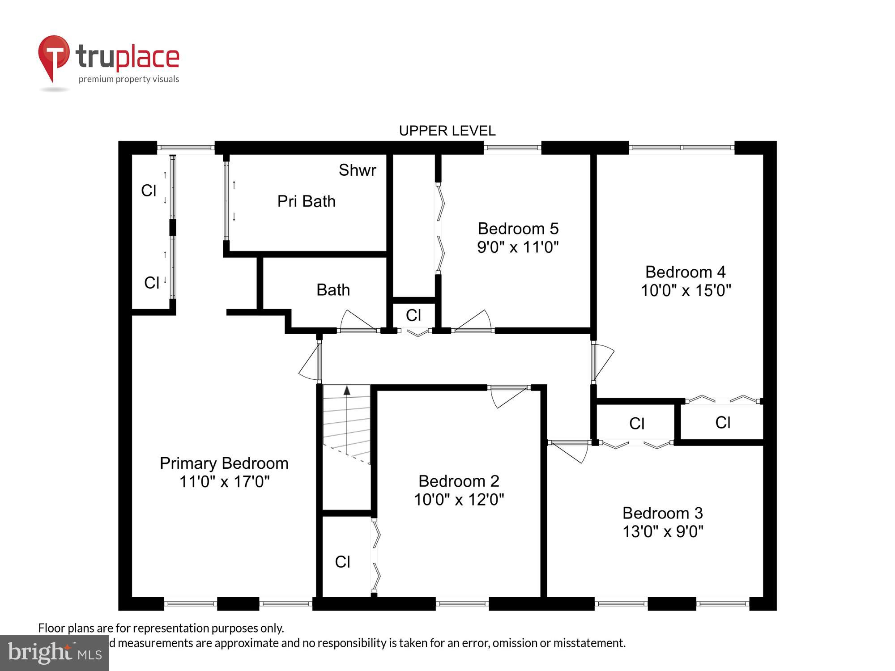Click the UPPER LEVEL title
[447, 131]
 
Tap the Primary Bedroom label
[224, 463]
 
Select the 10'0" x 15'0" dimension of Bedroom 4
[686, 291]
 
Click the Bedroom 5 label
[518, 229]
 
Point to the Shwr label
[357, 170]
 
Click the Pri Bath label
[306, 201]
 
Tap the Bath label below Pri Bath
[333, 290]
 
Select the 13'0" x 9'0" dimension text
[663, 532]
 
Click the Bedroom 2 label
[459, 481]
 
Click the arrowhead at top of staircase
[347, 390]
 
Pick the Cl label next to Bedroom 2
[342, 562]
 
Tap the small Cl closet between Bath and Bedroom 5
[413, 315]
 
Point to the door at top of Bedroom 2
[509, 395]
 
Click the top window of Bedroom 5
[512, 148]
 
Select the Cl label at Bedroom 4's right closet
[723, 422]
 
